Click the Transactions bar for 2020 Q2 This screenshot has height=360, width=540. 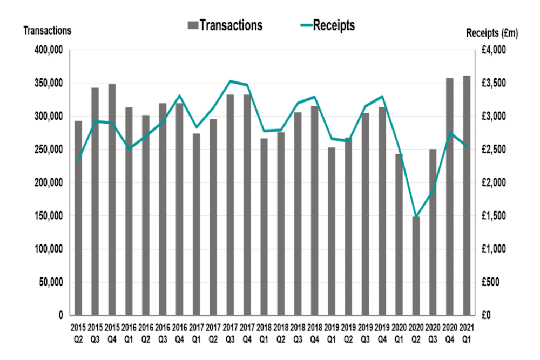pos(416,266)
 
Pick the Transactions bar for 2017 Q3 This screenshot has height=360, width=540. pos(230,205)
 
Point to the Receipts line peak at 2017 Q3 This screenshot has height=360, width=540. pos(230,81)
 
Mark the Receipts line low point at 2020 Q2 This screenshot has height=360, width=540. pos(416,217)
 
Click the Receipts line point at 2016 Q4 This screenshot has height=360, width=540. pos(179,96)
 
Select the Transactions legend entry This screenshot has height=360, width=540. pos(225,25)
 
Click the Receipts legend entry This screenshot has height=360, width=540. pos(327,25)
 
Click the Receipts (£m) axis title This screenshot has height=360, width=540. pos(492,33)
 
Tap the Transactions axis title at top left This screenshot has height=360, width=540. pos(47,30)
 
